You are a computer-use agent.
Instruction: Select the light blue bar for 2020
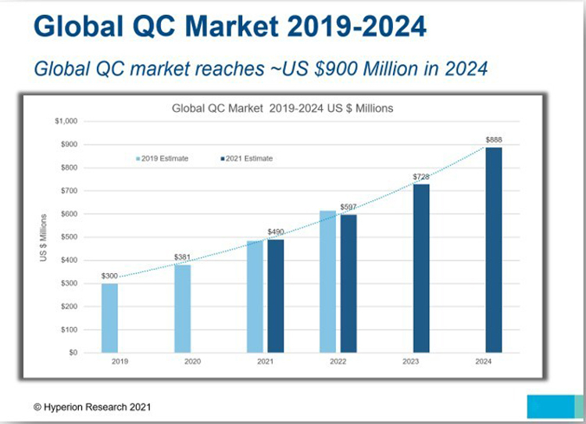click(182, 308)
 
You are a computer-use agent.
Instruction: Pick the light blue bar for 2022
click(328, 282)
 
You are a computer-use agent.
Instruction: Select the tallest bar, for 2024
click(494, 250)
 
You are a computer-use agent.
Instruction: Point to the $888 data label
click(494, 140)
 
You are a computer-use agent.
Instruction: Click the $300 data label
click(110, 276)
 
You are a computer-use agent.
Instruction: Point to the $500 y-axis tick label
click(69, 237)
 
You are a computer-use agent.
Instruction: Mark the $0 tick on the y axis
click(73, 353)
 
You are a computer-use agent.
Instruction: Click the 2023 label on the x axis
click(411, 362)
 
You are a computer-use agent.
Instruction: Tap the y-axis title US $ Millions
click(44, 236)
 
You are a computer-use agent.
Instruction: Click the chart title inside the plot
click(282, 108)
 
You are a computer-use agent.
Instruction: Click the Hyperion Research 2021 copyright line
click(92, 407)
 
